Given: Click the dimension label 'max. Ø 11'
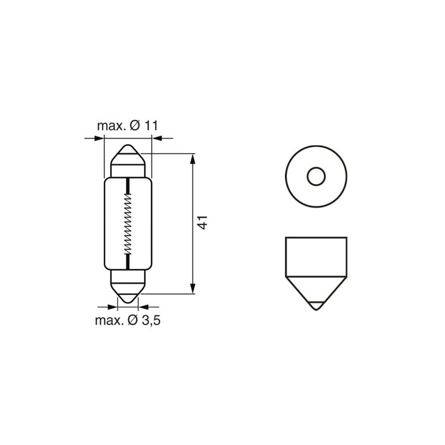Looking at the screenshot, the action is (x=127, y=125).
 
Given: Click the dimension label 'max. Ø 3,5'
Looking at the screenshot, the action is (x=128, y=320).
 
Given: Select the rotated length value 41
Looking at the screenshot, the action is (x=203, y=222).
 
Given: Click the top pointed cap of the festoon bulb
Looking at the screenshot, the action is (x=128, y=156).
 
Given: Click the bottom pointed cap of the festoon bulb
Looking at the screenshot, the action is (x=128, y=292).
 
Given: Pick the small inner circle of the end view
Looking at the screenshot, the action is (x=316, y=176).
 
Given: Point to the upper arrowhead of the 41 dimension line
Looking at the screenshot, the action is (x=193, y=159).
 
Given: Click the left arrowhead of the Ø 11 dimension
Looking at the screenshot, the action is (x=99, y=138).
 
